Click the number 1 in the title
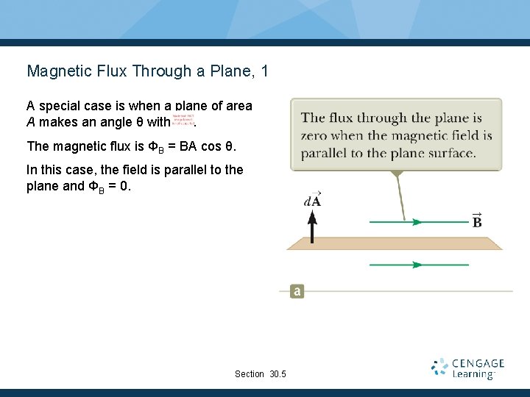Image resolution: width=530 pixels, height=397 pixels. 264,71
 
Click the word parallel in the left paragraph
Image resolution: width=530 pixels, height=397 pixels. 173,170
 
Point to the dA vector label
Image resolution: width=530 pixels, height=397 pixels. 312,199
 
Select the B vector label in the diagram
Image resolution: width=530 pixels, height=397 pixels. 477,220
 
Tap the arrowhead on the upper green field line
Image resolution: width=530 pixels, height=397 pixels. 417,221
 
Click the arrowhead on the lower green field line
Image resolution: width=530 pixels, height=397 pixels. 417,265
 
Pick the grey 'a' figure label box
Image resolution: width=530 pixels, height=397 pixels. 297,291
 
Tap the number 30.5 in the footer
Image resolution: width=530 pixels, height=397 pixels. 278,374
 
